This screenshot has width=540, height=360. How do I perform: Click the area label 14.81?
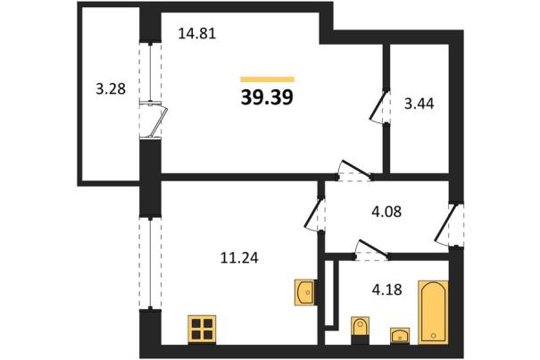pos(197,34)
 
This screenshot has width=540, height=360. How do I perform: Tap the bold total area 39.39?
pos(267,97)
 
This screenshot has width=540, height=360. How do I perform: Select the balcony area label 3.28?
pos(111,89)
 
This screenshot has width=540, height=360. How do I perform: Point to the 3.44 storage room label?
pos(420,104)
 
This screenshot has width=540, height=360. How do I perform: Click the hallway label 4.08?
pos(386,212)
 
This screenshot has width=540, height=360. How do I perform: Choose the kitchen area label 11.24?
pos(239,257)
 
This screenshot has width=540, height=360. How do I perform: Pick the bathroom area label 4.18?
pos(387,289)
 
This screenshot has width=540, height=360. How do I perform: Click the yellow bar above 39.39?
pos(267,80)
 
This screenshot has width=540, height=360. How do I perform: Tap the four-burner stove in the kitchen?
pos(202,330)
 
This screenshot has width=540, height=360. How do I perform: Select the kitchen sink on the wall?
pos(305,292)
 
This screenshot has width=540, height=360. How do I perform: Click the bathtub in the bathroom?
pos(433,313)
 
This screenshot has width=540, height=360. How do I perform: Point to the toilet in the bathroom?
pos(361,331)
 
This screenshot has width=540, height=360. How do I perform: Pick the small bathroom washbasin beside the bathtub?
pos(400,336)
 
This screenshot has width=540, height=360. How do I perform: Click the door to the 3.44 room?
pos(380,106)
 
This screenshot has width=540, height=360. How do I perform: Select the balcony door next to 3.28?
pos(154,120)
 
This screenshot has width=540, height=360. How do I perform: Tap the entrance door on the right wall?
pos(449,225)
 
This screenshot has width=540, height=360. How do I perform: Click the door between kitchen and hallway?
pos(314,213)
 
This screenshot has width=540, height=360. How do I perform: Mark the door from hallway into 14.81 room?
pos(354,171)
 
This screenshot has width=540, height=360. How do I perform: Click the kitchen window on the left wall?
pos(151,264)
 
